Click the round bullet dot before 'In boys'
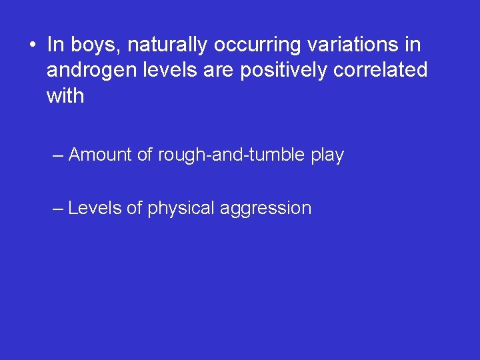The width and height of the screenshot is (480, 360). point(32,45)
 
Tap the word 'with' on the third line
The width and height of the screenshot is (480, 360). point(65,96)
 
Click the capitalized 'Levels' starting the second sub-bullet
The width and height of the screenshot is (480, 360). point(95,208)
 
